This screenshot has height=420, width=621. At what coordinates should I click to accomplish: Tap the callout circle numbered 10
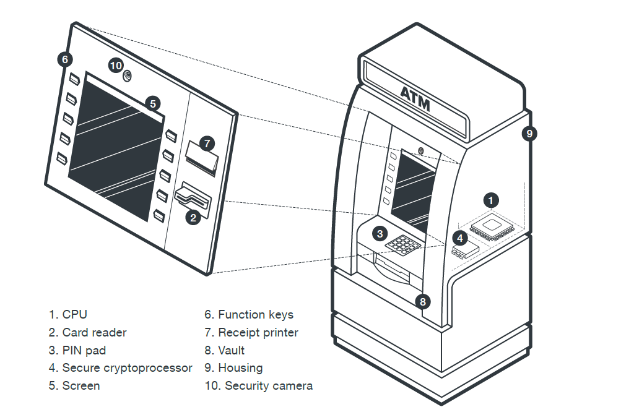coord(116,65)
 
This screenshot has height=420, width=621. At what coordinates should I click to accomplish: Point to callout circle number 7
coord(208,143)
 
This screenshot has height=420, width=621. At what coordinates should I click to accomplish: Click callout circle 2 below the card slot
coord(193,216)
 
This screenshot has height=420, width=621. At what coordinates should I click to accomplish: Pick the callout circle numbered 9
coord(528,133)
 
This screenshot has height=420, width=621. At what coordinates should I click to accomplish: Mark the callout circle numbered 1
coord(491,200)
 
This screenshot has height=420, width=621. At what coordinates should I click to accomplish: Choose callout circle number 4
coord(459,237)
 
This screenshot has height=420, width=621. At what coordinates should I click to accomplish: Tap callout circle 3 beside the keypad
coord(380,233)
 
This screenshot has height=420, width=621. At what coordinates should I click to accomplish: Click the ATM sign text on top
coord(414,98)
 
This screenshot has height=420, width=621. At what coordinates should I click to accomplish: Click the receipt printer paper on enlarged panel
coord(202,157)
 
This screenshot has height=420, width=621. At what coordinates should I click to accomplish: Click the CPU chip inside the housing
coord(492,227)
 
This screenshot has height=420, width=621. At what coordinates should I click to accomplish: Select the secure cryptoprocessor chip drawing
coord(465,251)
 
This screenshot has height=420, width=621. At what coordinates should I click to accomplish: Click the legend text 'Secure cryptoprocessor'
coord(127,368)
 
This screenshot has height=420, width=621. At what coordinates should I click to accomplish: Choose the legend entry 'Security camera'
coord(268,386)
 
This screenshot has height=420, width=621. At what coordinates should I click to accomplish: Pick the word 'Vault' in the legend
coord(232,350)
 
